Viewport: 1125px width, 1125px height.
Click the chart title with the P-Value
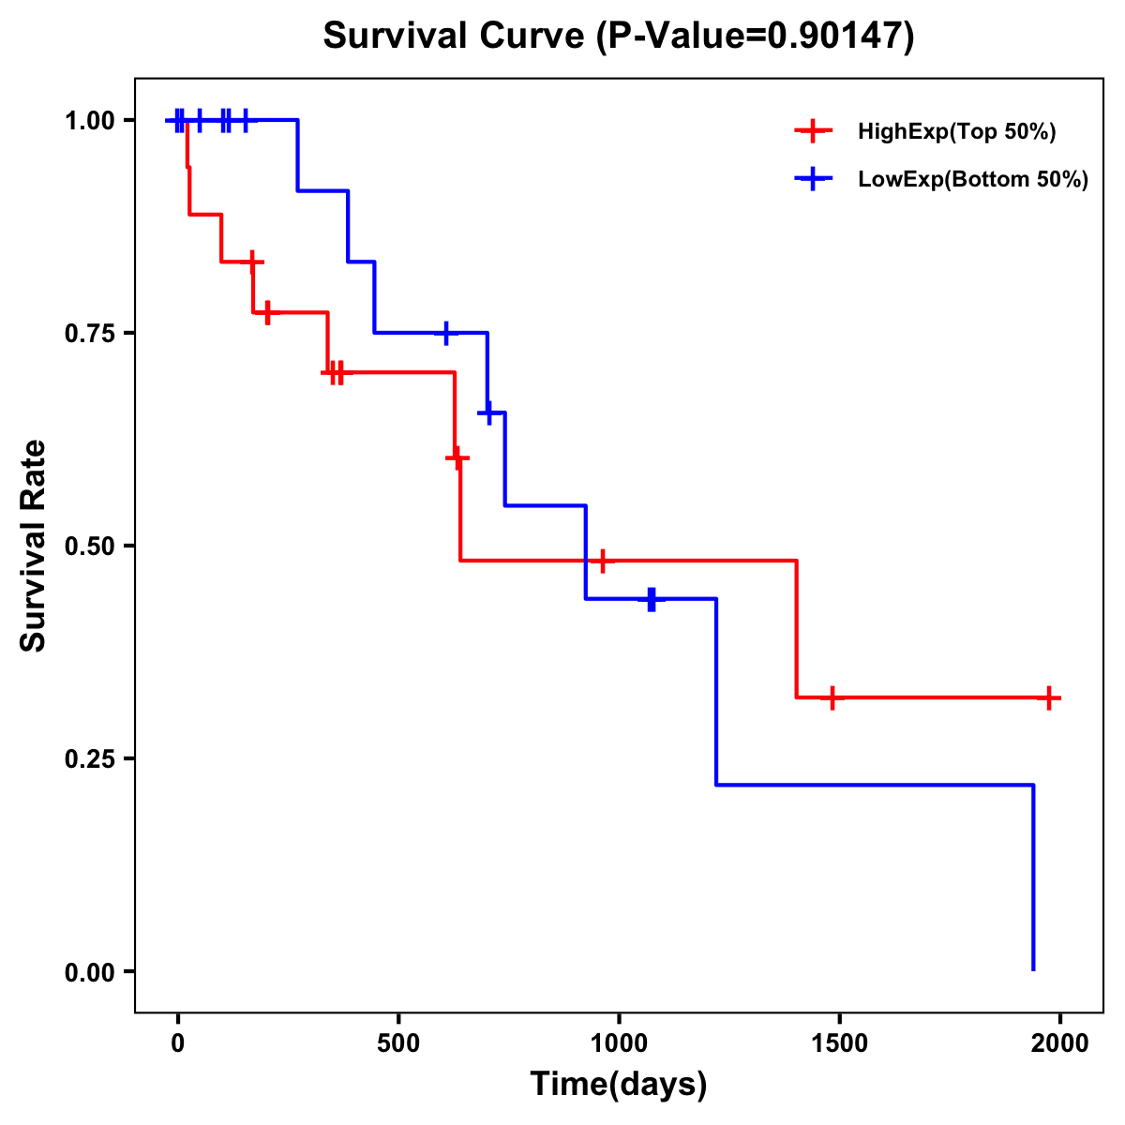[x=618, y=37]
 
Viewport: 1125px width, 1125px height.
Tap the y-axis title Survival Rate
[x=34, y=546]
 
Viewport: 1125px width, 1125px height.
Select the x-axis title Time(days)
[x=618, y=1085]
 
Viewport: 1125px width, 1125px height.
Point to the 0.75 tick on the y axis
[x=89, y=333]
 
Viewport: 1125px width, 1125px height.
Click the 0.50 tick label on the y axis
[x=89, y=546]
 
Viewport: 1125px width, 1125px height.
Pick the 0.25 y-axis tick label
[x=89, y=758]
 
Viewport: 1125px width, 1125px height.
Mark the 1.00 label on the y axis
[x=89, y=120]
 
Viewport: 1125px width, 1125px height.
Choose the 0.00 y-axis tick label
[x=89, y=971]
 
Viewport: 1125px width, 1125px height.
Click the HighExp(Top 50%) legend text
[x=956, y=132]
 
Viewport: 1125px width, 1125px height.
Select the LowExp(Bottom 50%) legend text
[x=973, y=180]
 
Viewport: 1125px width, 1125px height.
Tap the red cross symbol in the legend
[x=813, y=132]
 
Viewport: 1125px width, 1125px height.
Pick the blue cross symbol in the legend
[x=813, y=180]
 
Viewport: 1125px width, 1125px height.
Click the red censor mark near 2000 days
[x=1049, y=697]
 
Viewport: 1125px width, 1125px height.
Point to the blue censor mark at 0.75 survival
[x=446, y=333]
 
